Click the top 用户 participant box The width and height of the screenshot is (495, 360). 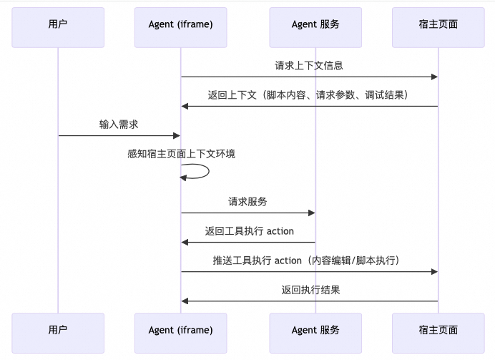click(58, 24)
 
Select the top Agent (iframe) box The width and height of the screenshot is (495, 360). click(181, 24)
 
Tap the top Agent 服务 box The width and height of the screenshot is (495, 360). click(315, 24)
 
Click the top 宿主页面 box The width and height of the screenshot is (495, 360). click(438, 24)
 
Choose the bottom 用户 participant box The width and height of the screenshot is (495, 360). click(58, 330)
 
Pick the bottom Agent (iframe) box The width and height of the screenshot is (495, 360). click(181, 330)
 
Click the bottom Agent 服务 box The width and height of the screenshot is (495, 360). click(315, 330)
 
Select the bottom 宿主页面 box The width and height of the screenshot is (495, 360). click(438, 330)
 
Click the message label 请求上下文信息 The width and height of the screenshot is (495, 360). click(309, 66)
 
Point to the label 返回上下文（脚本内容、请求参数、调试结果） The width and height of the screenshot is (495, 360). click(309, 95)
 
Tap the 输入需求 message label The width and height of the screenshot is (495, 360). click(119, 125)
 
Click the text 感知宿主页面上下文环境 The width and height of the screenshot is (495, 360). click(181, 154)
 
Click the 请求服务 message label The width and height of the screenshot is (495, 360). click(247, 202)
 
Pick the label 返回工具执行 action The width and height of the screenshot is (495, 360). click(249, 231)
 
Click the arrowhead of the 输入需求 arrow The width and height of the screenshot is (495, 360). click(177, 135)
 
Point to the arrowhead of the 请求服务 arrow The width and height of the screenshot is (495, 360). click(311, 213)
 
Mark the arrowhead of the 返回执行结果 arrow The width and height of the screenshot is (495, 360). click(185, 301)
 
